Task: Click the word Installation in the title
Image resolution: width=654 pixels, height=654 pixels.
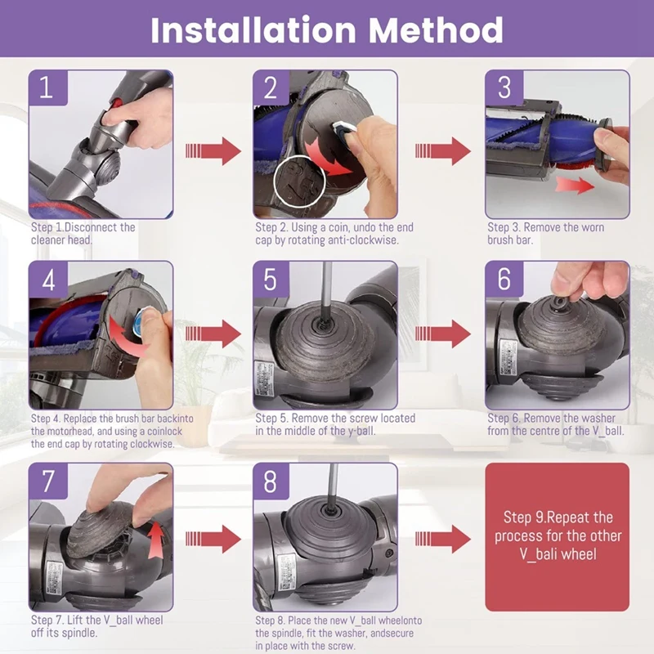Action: tap(253, 30)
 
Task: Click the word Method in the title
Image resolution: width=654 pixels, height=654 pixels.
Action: tap(436, 30)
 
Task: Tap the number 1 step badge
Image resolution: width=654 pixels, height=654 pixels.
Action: tap(47, 87)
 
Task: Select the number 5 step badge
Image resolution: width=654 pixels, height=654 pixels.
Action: tap(271, 279)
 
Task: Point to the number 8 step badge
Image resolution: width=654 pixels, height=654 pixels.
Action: tap(271, 481)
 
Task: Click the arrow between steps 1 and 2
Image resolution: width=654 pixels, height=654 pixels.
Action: tap(213, 150)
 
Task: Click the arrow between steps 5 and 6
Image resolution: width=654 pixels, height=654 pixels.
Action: tap(443, 334)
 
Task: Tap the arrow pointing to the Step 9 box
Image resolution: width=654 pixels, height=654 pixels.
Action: tap(443, 539)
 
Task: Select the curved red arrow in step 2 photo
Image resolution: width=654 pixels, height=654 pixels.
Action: tap(329, 160)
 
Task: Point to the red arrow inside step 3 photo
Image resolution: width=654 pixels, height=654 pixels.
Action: tap(575, 185)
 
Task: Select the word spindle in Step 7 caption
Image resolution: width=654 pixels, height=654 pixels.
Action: tap(79, 633)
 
